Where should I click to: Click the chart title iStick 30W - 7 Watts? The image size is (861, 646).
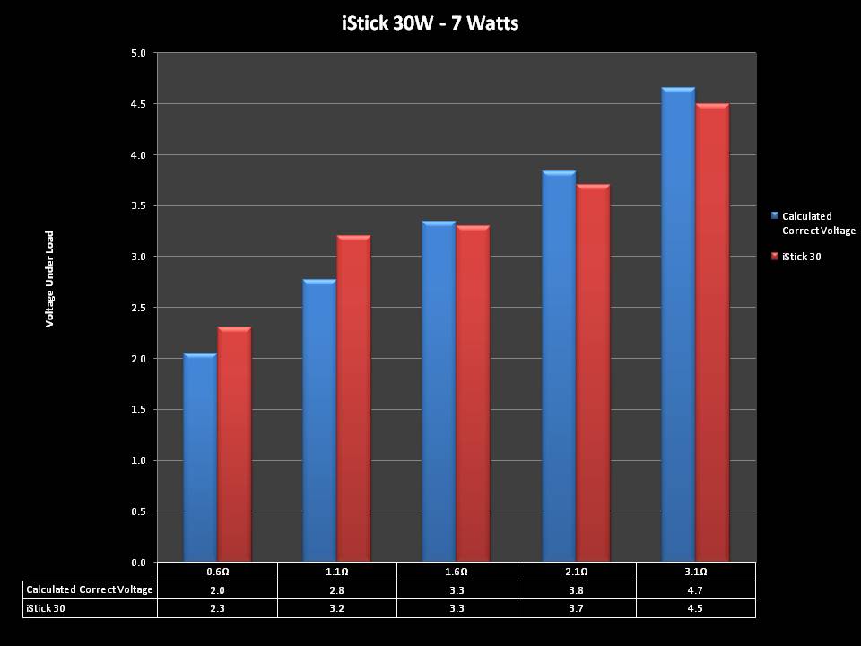(430, 22)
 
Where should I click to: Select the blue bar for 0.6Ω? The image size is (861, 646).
(200, 458)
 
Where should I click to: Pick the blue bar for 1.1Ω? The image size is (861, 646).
(319, 422)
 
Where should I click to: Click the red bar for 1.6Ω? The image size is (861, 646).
(473, 395)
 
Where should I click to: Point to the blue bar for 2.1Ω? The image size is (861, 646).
(559, 368)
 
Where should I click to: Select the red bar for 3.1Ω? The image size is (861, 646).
(712, 332)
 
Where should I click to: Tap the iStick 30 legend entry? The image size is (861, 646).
(801, 257)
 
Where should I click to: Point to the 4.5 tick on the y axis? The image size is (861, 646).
(138, 104)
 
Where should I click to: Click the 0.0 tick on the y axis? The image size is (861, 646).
(138, 563)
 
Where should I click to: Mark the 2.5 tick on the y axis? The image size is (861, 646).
(138, 308)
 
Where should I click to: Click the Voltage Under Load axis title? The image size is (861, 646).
(50, 279)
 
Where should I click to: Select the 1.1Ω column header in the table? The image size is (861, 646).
(336, 572)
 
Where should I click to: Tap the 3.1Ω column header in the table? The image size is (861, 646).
(696, 572)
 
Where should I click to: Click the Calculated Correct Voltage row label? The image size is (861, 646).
(90, 589)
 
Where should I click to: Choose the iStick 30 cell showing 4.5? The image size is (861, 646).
(696, 608)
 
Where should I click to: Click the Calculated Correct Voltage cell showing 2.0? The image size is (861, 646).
(217, 589)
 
